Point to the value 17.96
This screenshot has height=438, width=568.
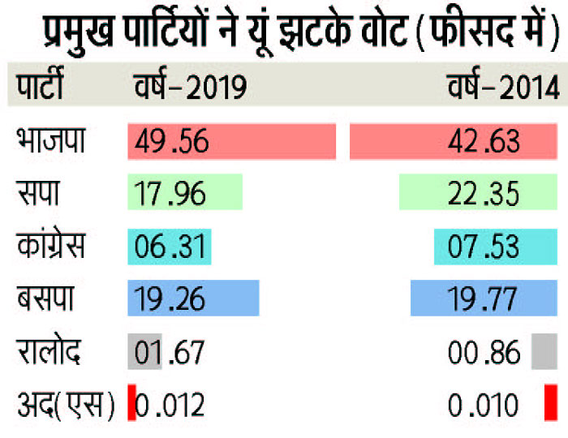[x=171, y=195]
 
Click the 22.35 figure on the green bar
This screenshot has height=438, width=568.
[x=484, y=195]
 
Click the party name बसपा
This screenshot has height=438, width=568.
[x=45, y=298]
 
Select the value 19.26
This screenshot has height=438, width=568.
[x=171, y=298]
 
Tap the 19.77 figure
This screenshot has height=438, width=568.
[x=484, y=298]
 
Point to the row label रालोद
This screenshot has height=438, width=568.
[x=49, y=351]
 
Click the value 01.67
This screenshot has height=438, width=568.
[x=171, y=352]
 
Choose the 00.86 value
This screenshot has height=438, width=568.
[x=484, y=352]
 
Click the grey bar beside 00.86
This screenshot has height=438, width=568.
[x=544, y=352]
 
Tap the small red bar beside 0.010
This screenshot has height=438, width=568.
[x=551, y=403]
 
